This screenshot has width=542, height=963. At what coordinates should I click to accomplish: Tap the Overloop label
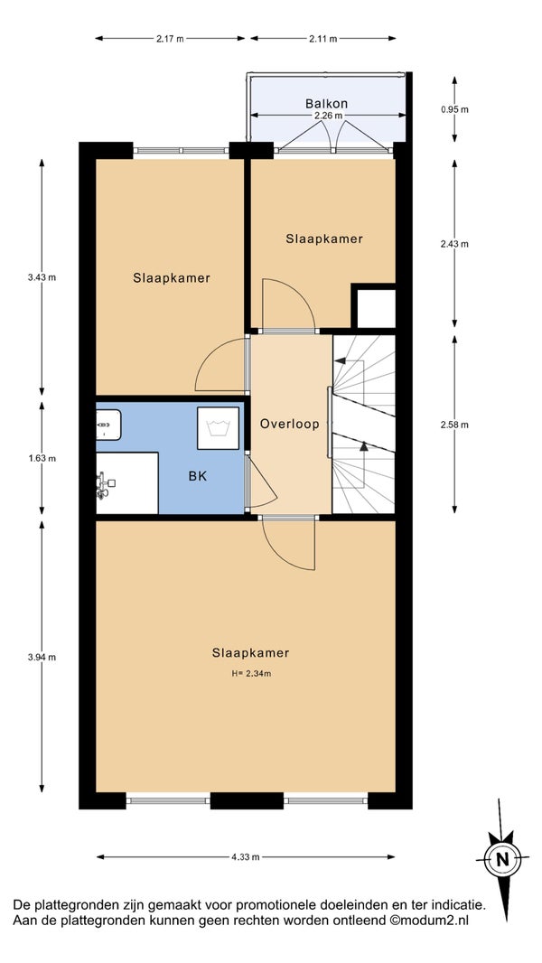click(x=289, y=424)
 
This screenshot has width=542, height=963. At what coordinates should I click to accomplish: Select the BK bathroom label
click(x=198, y=476)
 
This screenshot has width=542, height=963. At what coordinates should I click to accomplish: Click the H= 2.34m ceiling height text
click(x=251, y=673)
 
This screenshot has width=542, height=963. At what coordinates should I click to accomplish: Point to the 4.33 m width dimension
click(x=246, y=856)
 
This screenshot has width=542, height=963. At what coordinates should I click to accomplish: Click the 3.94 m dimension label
click(x=42, y=657)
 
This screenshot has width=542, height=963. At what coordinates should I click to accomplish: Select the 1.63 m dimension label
click(x=42, y=458)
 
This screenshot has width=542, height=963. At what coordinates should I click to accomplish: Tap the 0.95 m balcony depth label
click(x=454, y=110)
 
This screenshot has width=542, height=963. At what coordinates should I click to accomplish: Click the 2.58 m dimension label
click(x=454, y=425)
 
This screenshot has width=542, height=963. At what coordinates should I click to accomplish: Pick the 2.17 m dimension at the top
click(x=170, y=39)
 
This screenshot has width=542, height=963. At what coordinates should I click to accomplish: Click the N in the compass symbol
click(x=502, y=858)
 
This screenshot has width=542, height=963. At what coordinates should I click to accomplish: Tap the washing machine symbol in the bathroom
click(x=218, y=427)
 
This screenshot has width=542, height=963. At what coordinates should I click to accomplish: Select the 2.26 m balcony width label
click(x=329, y=116)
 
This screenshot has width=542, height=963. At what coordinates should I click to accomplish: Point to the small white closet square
click(x=376, y=308)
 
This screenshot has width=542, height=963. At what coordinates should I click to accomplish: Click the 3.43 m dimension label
click(x=42, y=277)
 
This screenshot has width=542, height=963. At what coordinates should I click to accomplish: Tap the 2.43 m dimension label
click(x=454, y=244)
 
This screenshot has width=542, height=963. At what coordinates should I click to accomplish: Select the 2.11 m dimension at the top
click(x=322, y=39)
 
